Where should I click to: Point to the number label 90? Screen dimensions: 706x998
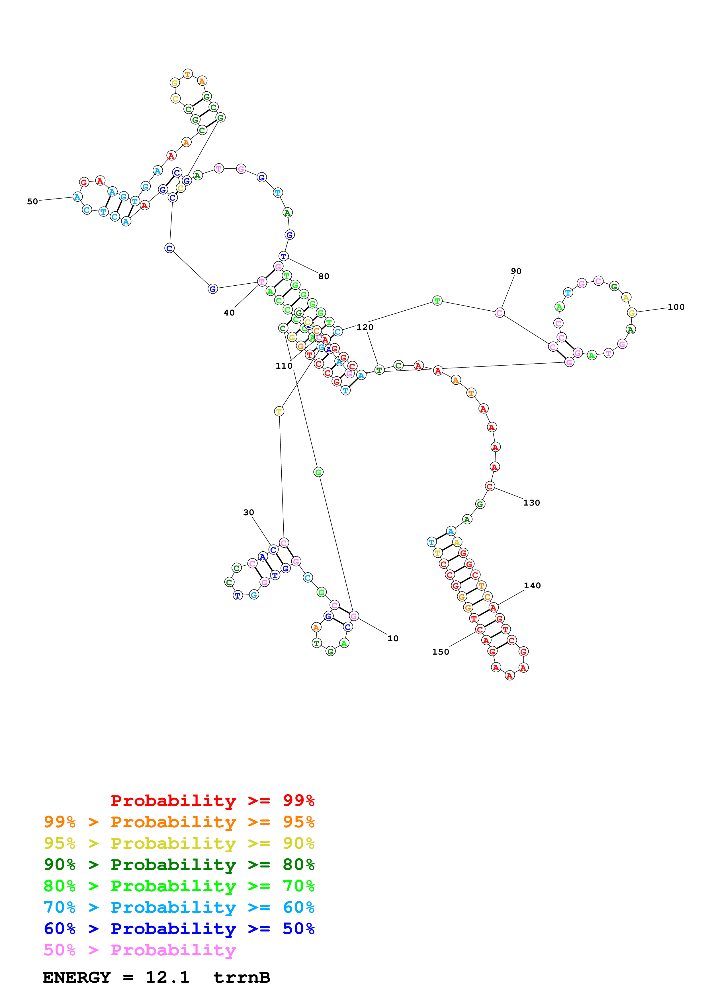pos(516,271)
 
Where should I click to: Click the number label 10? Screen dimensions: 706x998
pos(393,638)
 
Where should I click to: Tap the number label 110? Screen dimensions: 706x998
pos(284,366)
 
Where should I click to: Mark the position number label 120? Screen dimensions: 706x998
pos(365,327)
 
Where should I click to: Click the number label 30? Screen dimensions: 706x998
pos(248,512)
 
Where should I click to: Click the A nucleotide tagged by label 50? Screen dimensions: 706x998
pos(77,197)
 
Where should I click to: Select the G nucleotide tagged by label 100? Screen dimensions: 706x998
pos(632,313)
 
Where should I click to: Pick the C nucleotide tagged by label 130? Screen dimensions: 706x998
pos(490,486)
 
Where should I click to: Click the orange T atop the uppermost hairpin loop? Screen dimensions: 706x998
pos(187,74)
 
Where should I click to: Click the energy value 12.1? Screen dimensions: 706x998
pos(167,977)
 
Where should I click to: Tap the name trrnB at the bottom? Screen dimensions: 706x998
pos(242,977)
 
